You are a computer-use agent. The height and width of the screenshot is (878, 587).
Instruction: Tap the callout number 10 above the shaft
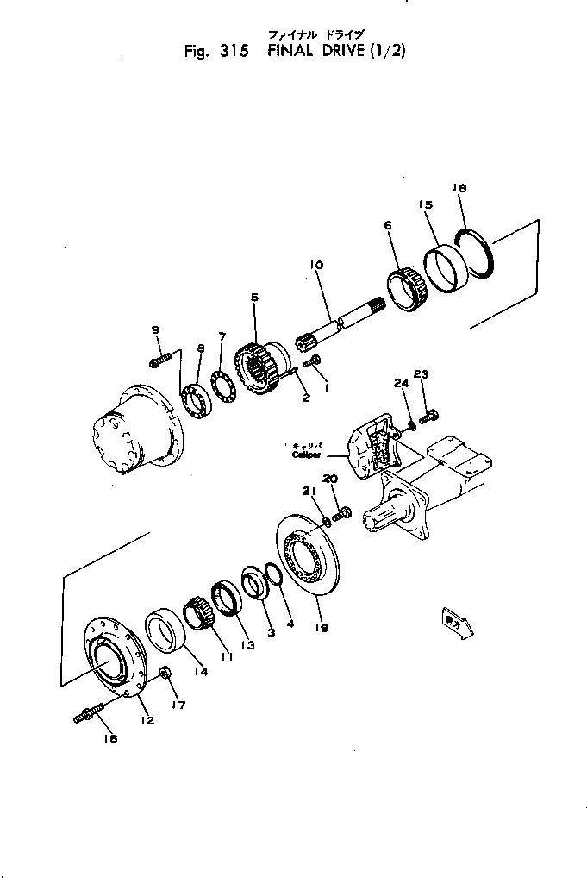(x=315, y=266)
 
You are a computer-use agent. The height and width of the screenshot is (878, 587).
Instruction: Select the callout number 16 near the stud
(x=111, y=738)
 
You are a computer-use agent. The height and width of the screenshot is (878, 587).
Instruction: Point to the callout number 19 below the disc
(x=322, y=629)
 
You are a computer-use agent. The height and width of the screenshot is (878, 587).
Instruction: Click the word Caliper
(x=306, y=455)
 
